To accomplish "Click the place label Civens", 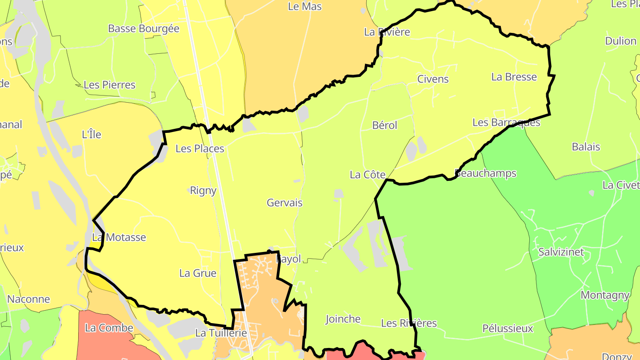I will (433, 79).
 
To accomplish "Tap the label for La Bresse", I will (514, 77).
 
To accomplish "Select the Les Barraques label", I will (506, 122).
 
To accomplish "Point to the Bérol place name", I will (385, 125).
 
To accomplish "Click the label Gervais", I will (284, 203).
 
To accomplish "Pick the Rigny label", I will (203, 191).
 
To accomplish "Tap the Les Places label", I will (200, 148).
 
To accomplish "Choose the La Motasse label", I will (119, 237).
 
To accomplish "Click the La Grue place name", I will (198, 273).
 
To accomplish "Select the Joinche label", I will (343, 319).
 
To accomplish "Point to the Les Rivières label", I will (409, 323).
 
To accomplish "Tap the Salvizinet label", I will (561, 252).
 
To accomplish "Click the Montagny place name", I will (605, 295).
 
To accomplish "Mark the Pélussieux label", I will (508, 328).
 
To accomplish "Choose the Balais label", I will (586, 147).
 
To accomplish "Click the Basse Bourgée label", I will (144, 28).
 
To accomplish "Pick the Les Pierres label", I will (109, 85).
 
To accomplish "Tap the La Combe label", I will (109, 328).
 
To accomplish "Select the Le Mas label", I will (305, 6).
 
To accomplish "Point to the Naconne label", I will (28, 299).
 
